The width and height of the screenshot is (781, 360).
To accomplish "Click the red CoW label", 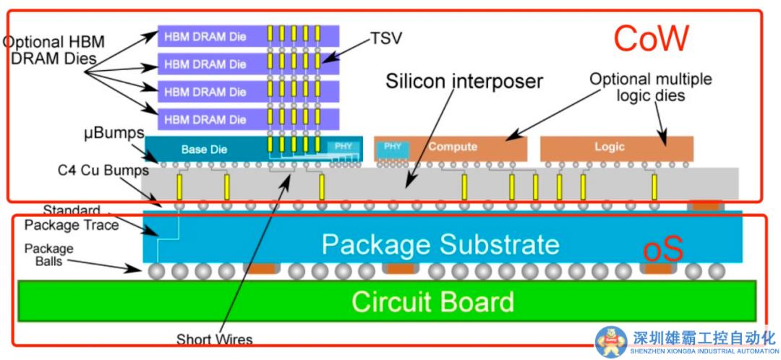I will pos(651,39).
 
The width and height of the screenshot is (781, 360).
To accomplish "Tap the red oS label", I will pos(663,251).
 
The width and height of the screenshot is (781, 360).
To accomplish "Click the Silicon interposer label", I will pos(464,80).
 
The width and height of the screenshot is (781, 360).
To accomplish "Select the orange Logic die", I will pos(616,147).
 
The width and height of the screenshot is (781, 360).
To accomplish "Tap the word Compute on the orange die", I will pos(453,147).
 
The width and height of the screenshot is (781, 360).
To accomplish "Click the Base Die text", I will pos(204,150).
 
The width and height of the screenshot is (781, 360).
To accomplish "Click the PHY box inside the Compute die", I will pos(393,147).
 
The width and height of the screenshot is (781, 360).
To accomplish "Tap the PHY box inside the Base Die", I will pos(343,147).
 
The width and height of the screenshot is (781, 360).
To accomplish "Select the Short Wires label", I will pos(214,338).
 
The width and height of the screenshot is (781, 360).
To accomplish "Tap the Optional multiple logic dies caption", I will pos(650,86).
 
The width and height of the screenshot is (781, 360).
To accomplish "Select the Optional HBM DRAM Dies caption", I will pos(54,51).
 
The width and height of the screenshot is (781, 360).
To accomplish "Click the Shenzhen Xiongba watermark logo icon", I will pos(611,341).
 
